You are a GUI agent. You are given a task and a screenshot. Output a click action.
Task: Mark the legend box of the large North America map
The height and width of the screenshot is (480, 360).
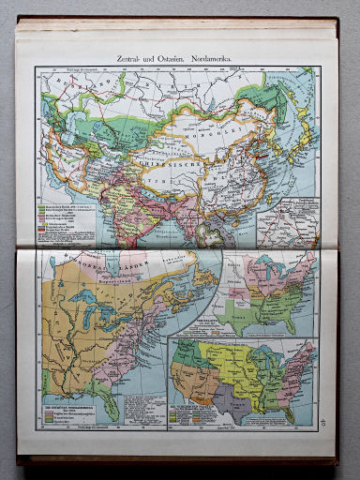pyautogui.click(x=70, y=412)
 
